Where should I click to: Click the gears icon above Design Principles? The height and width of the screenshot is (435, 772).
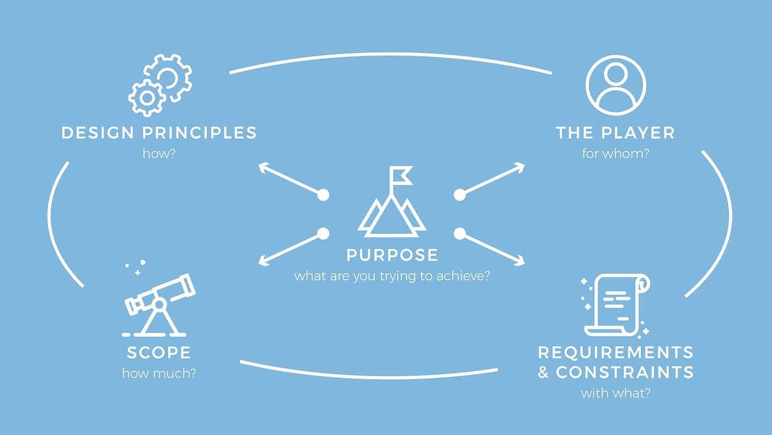[x=160, y=86]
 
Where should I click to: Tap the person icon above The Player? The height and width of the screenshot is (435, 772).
[x=615, y=85]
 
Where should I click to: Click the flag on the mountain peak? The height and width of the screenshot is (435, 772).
[x=401, y=176]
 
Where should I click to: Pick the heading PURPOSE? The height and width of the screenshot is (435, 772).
[x=392, y=255]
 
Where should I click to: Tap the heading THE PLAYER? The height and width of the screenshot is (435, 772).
[x=615, y=133]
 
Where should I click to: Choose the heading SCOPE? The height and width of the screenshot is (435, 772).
[x=159, y=352]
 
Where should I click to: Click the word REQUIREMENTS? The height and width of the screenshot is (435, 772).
[x=615, y=352]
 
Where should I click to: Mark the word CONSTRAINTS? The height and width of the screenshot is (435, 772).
[x=625, y=372]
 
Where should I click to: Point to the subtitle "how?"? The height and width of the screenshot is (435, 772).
[x=159, y=153]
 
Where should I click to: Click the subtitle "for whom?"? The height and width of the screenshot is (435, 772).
[x=615, y=153]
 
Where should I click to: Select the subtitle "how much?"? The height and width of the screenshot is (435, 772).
[x=159, y=373]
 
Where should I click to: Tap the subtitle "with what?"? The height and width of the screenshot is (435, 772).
[x=615, y=393]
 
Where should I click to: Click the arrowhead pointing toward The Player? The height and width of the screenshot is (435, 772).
[x=521, y=166]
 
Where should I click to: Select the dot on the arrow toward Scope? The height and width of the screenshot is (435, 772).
[x=323, y=234]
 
